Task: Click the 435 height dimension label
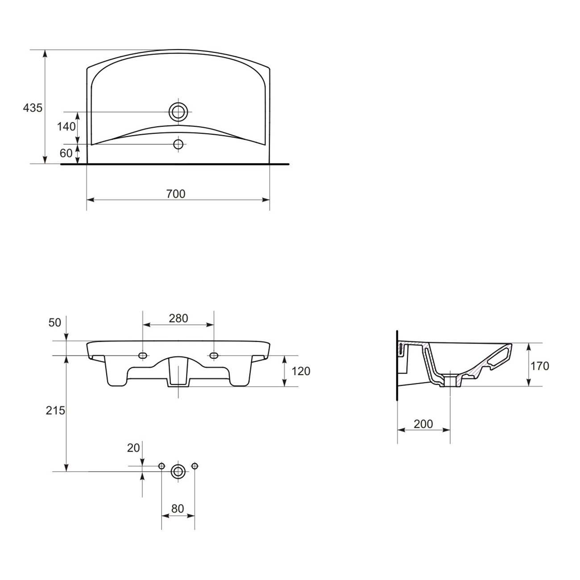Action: (x=33, y=108)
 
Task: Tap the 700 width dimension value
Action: (x=176, y=194)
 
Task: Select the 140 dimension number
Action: (x=66, y=127)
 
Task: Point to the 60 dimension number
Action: (x=66, y=153)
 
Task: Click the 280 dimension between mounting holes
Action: (x=178, y=318)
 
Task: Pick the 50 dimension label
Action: (x=55, y=323)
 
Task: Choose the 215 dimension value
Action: (x=55, y=410)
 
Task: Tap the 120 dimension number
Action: (x=301, y=371)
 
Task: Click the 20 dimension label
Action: (x=133, y=448)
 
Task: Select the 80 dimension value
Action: (x=178, y=509)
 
